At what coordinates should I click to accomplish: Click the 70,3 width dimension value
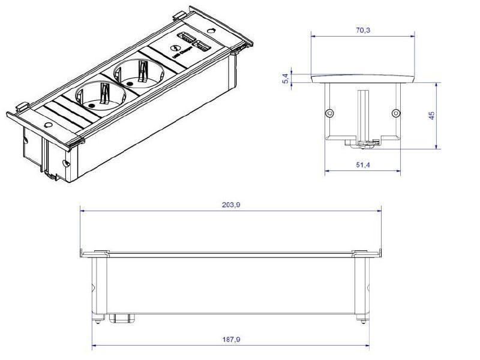(x=363, y=29)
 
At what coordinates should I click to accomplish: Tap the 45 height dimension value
(x=431, y=115)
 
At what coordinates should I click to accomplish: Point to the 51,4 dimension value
(x=363, y=164)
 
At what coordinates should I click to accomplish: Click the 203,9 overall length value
(x=230, y=205)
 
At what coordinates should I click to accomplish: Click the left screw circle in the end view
(x=329, y=113)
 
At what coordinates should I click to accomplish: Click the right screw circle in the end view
(x=395, y=113)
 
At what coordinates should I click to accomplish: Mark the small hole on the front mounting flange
(x=49, y=125)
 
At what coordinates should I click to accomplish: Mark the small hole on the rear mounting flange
(x=211, y=30)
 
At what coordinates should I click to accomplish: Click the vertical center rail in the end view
(x=362, y=117)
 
